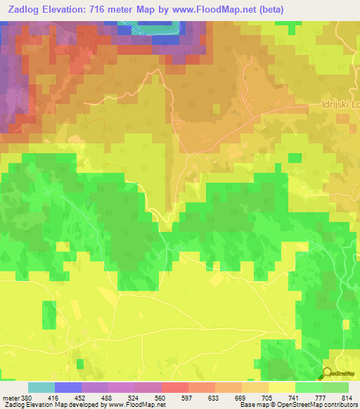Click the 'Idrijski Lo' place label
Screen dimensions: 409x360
click(335, 108)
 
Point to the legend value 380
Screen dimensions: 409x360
click(26, 396)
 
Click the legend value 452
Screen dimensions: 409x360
click(81, 396)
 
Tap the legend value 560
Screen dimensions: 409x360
click(161, 396)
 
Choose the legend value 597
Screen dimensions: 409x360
click(188, 396)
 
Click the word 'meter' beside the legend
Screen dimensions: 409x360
click(10, 396)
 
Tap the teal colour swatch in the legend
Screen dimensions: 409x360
click(41, 387)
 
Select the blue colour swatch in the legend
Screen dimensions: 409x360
click(68, 387)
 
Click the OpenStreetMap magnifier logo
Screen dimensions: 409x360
click(328, 373)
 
